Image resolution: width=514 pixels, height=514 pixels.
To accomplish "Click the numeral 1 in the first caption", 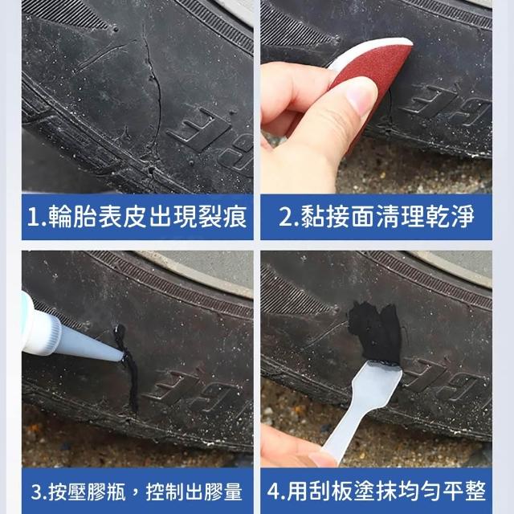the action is click(x=33, y=217).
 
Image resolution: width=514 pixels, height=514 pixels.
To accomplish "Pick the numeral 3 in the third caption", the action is click(x=37, y=492).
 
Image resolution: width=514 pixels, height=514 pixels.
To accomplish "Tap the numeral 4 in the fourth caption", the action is click(x=274, y=492).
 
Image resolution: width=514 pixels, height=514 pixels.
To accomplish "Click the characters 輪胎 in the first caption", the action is click(x=72, y=217).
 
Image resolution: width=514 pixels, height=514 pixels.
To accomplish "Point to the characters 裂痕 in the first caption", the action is click(x=222, y=217).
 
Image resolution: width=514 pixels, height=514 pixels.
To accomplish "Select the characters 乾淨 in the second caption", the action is click(x=450, y=217).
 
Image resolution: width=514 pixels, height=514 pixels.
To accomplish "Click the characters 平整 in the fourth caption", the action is click(x=464, y=492).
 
